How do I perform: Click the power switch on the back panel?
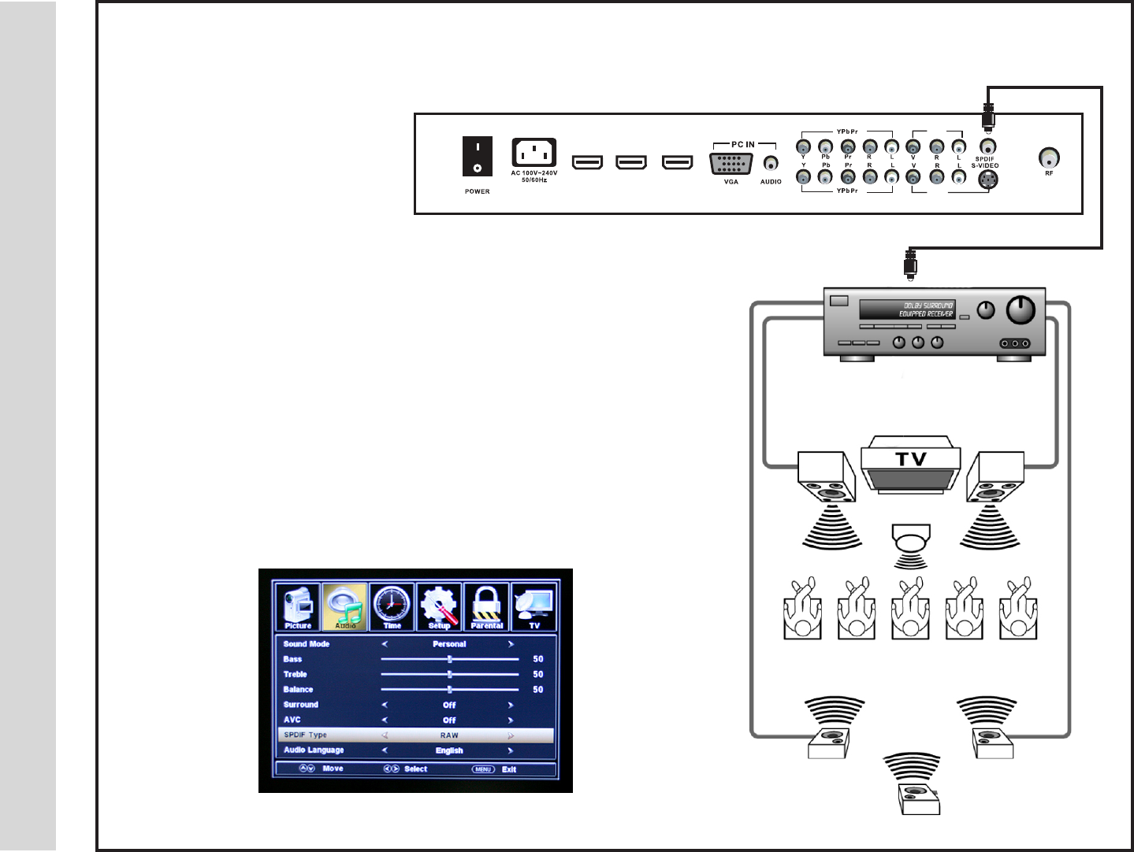pyautogui.click(x=477, y=156)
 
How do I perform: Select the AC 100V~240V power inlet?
pyautogui.click(x=534, y=152)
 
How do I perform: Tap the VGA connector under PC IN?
pyautogui.click(x=731, y=164)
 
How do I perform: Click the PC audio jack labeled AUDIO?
pyautogui.click(x=771, y=164)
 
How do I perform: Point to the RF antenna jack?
pyautogui.click(x=1049, y=157)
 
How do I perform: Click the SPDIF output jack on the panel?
pyautogui.click(x=987, y=146)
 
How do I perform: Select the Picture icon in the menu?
pyautogui.click(x=298, y=606)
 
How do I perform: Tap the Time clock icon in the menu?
pyautogui.click(x=392, y=606)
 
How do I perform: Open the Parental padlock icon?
pyautogui.click(x=486, y=606)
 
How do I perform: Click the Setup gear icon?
pyautogui.click(x=439, y=606)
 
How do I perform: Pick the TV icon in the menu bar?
pyautogui.click(x=534, y=606)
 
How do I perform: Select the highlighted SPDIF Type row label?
pyautogui.click(x=306, y=735)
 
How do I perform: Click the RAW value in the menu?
pyautogui.click(x=449, y=735)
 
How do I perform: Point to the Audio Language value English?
pyautogui.click(x=449, y=750)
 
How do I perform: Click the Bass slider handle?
pyautogui.click(x=450, y=659)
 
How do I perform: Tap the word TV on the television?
pyautogui.click(x=911, y=459)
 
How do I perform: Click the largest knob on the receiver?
pyautogui.click(x=1021, y=310)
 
